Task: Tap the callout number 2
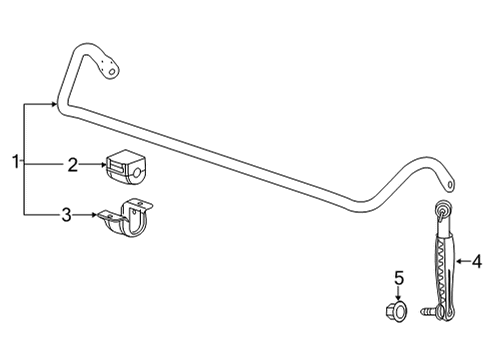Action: [72, 165]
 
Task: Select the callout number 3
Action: [66, 213]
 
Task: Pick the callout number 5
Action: [398, 279]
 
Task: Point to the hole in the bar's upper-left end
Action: [111, 69]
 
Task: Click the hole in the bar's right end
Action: [452, 184]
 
